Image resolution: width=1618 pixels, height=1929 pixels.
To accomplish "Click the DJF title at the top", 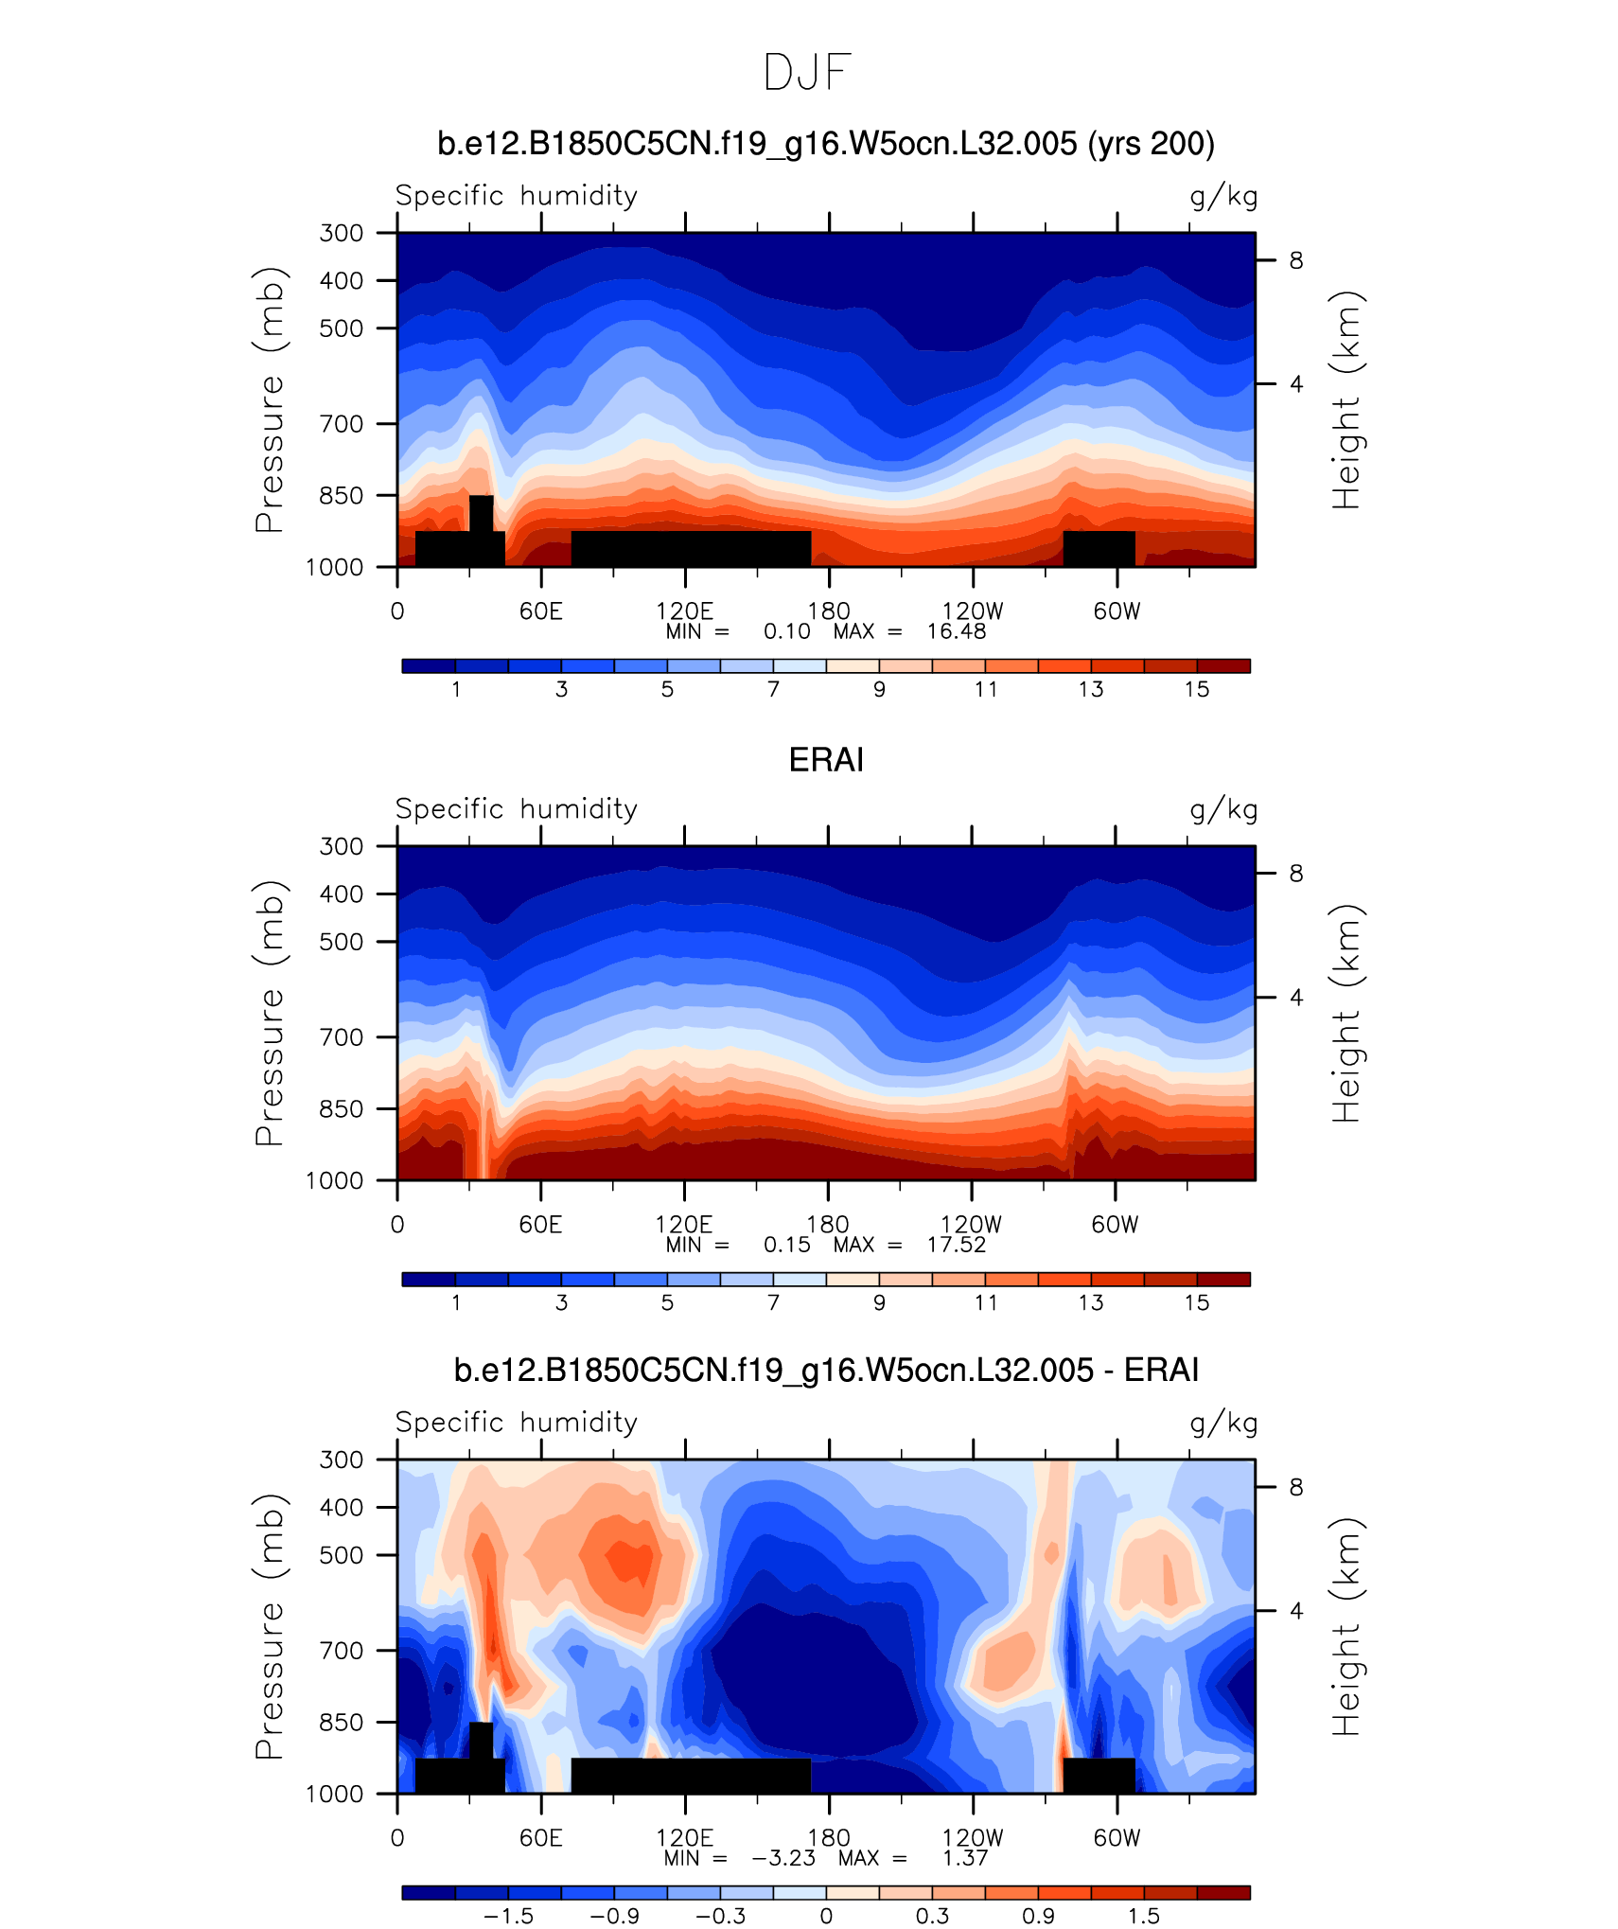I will coord(807,73).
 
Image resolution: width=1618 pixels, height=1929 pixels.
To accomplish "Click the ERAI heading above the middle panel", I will coord(826,760).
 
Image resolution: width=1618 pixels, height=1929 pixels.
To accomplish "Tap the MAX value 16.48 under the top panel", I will coord(956,631).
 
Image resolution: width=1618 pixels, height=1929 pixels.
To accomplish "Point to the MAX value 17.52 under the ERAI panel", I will coord(956,1245).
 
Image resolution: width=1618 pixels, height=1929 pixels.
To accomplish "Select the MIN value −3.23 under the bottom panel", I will coord(783,1858).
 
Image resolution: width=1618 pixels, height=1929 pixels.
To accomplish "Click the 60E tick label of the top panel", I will coord(540,611).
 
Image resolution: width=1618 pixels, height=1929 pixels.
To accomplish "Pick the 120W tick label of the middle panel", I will coord(971,1225).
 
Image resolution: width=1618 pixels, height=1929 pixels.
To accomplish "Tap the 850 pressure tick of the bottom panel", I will coord(341,1722).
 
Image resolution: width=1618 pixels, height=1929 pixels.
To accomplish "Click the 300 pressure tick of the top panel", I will coord(341,233).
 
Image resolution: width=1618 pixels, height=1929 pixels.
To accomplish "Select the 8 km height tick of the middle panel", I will coord(1295,874).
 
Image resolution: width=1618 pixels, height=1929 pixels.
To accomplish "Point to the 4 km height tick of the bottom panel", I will coord(1295,1610).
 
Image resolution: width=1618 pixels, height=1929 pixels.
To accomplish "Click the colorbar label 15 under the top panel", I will coord(1196,689).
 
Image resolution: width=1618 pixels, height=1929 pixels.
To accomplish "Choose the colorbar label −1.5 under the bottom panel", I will coord(508,1916).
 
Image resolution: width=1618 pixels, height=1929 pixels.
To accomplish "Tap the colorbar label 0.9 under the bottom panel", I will coord(1038,1916).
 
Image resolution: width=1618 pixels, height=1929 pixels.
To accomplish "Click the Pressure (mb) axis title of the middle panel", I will coord(269,1013).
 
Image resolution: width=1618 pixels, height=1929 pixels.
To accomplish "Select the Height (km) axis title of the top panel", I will coord(1345,399).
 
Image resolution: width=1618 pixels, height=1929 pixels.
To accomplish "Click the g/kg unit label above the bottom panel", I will coord(1222,1423).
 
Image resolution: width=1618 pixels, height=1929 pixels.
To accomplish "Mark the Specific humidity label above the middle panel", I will coord(516,809).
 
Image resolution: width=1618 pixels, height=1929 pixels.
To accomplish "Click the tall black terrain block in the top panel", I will coord(481,514).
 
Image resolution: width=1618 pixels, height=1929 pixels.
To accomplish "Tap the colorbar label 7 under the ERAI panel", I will coord(773,1302).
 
